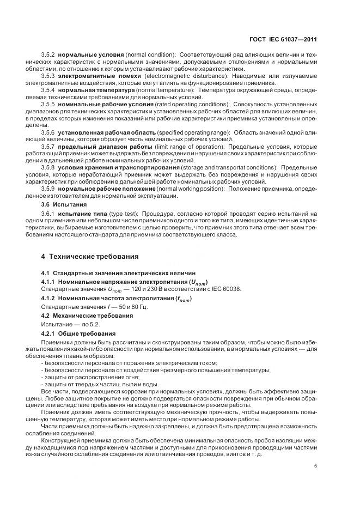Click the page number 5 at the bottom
coord(316,466)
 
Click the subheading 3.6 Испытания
coord(63,204)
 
